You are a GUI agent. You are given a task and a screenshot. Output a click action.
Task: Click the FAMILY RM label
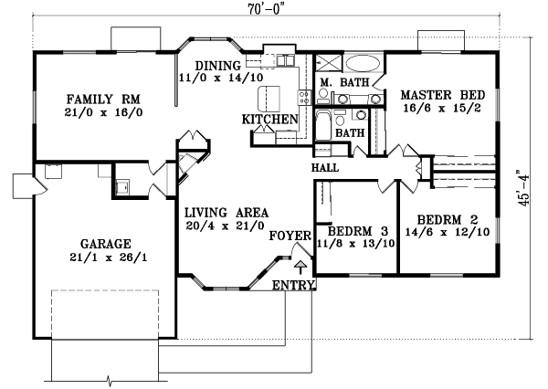coord(103,98)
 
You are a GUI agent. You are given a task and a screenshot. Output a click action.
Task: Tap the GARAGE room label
coord(105,244)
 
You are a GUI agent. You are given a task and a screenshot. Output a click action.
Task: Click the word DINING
coord(216,65)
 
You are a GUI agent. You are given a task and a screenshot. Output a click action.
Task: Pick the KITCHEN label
coord(270,120)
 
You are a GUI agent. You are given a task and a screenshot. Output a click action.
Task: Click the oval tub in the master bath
coord(364,65)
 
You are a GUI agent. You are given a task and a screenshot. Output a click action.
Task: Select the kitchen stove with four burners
coord(278,60)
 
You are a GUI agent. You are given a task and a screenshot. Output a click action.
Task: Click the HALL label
coord(326,168)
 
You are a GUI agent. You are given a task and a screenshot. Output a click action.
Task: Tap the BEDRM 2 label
coord(447,219)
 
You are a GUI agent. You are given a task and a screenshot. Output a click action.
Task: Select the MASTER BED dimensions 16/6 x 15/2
coord(437,108)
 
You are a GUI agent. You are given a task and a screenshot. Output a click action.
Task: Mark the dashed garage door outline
coord(105,315)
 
